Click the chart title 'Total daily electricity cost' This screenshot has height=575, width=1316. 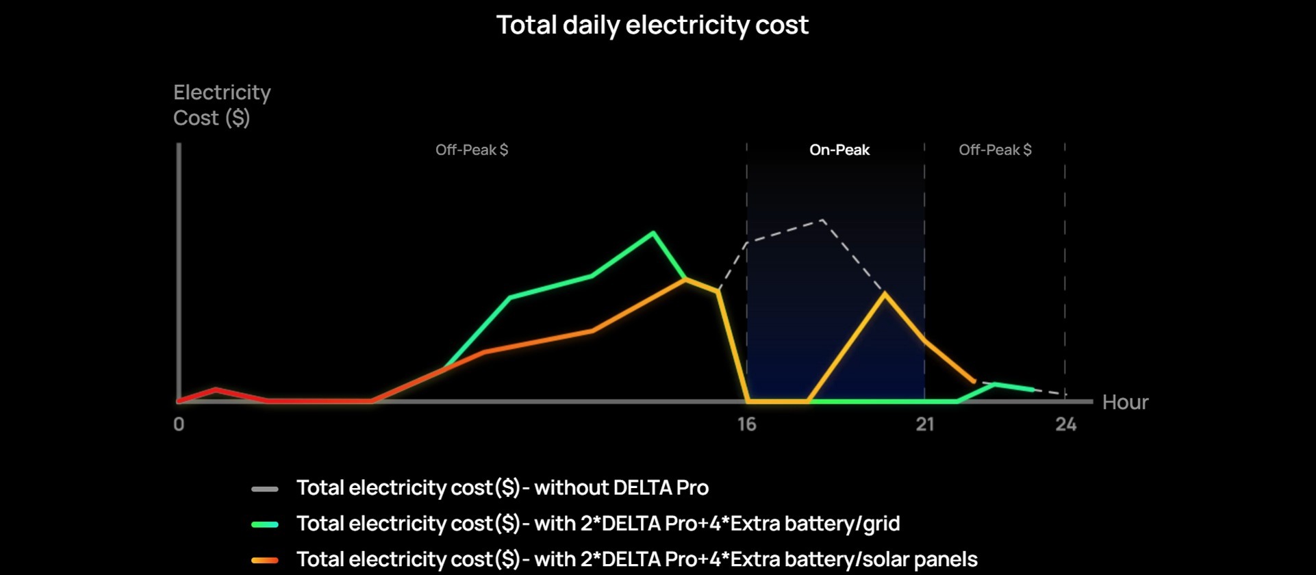pos(652,25)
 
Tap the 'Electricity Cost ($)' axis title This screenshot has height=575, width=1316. pos(221,105)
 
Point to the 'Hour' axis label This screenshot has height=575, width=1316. pos(1125,402)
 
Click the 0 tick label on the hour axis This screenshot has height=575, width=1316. pos(179,424)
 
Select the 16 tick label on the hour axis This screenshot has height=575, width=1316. pos(746,424)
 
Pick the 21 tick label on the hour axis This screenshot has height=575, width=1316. pos(925,424)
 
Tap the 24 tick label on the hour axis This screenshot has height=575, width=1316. pos(1065,424)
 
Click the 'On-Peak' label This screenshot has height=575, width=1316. pos(839,150)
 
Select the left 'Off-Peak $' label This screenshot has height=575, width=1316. pos(471,150)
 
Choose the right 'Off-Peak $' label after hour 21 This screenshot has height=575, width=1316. pos(994,150)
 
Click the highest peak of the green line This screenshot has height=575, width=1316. pos(653,233)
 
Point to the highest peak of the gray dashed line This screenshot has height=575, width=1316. pos(822,220)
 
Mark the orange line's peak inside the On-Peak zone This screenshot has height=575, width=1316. pos(885,294)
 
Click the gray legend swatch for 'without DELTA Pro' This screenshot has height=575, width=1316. pos(264,489)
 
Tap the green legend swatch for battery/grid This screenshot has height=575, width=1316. pos(264,524)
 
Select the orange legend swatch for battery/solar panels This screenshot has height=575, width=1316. pos(264,560)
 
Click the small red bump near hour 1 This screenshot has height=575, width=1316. pos(216,389)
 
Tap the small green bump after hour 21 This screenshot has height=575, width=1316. pos(994,384)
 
